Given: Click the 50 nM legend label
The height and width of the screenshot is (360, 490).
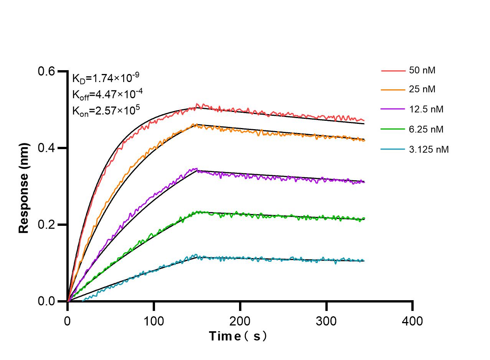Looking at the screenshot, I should pyautogui.click(x=422, y=71).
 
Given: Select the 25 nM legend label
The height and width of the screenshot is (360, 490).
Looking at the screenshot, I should pyautogui.click(x=422, y=90).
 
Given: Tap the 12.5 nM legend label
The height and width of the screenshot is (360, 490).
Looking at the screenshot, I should pyautogui.click(x=426, y=109).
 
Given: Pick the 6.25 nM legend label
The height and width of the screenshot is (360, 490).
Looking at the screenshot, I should pyautogui.click(x=426, y=130).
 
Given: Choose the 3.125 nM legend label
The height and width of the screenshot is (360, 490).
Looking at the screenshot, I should pyautogui.click(x=429, y=150).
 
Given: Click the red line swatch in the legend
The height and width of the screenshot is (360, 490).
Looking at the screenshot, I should pyautogui.click(x=393, y=71).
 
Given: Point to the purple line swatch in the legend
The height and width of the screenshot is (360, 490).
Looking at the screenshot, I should pyautogui.click(x=393, y=109).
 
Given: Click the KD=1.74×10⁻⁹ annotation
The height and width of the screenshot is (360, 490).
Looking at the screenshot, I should pyautogui.click(x=106, y=78).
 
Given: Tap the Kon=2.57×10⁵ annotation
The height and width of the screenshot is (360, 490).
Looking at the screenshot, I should pyautogui.click(x=106, y=111).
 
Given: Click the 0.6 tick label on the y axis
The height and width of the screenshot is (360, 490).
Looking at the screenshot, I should pyautogui.click(x=46, y=71).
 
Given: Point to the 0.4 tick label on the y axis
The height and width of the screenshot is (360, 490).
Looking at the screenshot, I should pyautogui.click(x=46, y=148).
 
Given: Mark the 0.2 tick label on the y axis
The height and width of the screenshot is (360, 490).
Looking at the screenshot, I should pyautogui.click(x=46, y=225).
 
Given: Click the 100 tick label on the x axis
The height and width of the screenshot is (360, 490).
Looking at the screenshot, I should pyautogui.click(x=153, y=321).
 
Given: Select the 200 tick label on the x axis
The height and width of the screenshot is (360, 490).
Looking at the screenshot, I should pyautogui.click(x=240, y=321).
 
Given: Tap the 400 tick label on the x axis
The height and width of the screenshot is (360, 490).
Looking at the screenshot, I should pyautogui.click(x=412, y=321).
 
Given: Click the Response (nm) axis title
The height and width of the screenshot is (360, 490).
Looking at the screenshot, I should pyautogui.click(x=24, y=188).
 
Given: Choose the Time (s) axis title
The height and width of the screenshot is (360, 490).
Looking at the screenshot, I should pyautogui.click(x=238, y=336).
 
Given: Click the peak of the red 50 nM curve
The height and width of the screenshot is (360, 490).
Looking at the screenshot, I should pyautogui.click(x=197, y=104).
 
